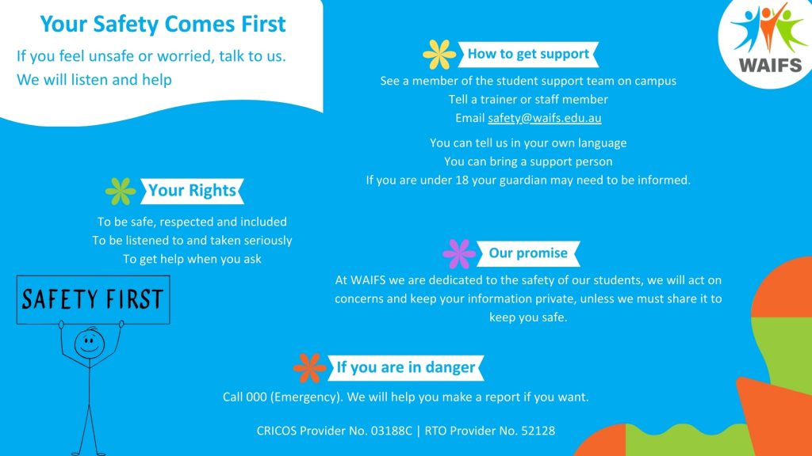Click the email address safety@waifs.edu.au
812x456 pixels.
point(544,118)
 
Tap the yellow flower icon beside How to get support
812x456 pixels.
point(439,55)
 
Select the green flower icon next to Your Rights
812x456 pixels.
point(121,191)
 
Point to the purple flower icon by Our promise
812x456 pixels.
point(459,254)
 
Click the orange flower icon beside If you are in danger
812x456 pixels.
point(310,368)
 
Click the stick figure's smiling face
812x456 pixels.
point(90,344)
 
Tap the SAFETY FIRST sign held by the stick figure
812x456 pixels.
point(94,300)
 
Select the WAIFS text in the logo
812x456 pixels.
point(770,66)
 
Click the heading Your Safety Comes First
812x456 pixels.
point(163,24)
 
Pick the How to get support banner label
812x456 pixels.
point(528,55)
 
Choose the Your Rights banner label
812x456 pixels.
point(192,191)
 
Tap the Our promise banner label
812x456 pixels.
point(528,253)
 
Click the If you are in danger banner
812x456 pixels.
point(406,367)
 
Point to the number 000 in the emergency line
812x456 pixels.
point(256,397)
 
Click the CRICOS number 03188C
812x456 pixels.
point(392,431)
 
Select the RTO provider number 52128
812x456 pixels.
point(538,431)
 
